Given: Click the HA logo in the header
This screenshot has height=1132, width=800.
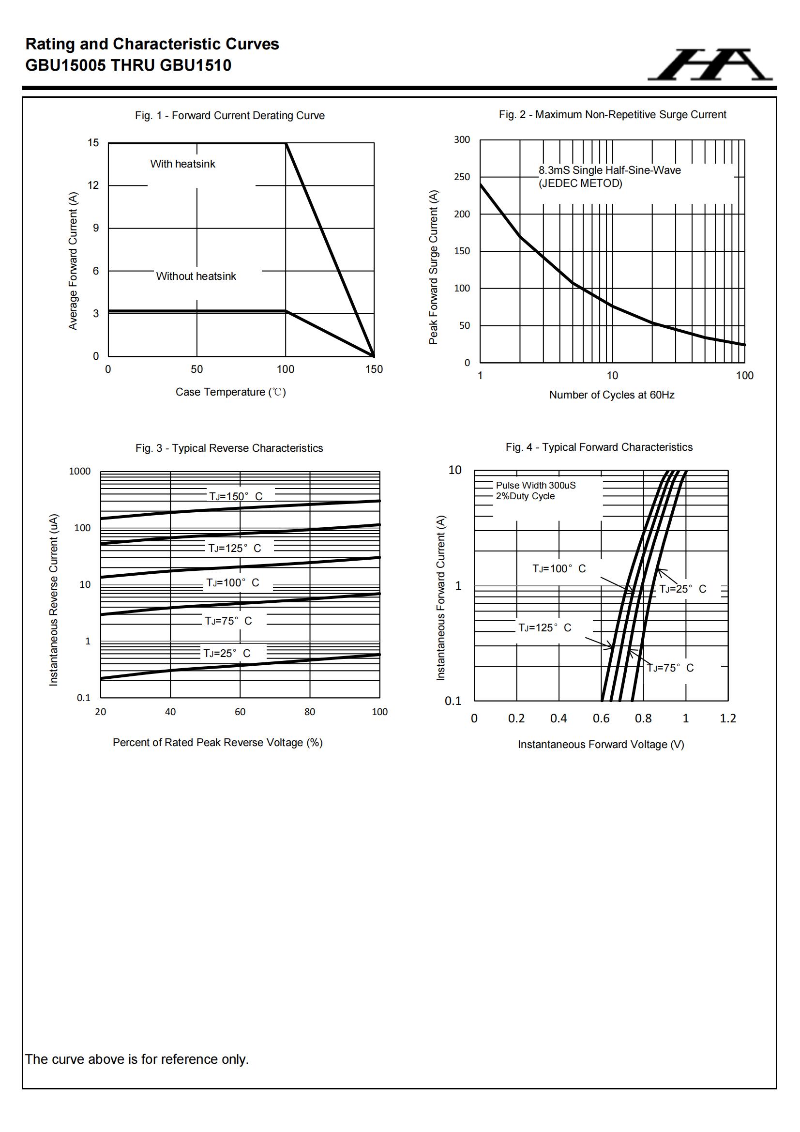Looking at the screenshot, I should tap(710, 64).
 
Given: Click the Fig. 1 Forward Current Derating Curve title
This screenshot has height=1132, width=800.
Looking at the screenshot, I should tap(230, 115).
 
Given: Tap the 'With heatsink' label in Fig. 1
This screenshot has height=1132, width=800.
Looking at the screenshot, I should tap(182, 164).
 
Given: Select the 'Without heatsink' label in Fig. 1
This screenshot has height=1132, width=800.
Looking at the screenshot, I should tap(196, 276).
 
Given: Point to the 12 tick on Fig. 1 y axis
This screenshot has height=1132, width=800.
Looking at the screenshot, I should tap(93, 185).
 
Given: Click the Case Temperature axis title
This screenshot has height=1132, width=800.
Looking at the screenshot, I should tap(231, 392).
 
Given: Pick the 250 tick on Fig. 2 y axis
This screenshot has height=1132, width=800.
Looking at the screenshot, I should tap(462, 177).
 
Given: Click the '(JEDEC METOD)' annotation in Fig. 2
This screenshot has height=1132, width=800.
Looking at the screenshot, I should tap(580, 184).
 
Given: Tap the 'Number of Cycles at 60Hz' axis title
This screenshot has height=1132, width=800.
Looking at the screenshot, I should tap(612, 395).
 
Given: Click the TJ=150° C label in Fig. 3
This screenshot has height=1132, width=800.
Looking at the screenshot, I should tap(236, 496).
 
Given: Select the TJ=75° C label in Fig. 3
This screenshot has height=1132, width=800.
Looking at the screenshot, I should tap(228, 621).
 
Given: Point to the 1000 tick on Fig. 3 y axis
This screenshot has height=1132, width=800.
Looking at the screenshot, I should tap(80, 471).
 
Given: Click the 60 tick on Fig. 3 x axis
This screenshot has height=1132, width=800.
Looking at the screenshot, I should tap(240, 712).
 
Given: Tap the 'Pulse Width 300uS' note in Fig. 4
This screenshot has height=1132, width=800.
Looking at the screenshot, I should tap(535, 485).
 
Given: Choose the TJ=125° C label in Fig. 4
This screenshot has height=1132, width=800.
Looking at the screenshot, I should tap(544, 627).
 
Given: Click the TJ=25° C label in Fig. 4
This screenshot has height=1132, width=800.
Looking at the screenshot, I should tap(683, 589).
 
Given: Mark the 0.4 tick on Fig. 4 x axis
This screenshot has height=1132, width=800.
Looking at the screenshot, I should tap(558, 719).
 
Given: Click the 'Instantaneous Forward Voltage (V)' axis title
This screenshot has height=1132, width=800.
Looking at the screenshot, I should tap(601, 745).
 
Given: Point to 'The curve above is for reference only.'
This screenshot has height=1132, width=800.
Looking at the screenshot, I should tap(137, 1059).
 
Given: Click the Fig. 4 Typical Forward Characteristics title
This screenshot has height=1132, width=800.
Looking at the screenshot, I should tap(599, 447).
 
